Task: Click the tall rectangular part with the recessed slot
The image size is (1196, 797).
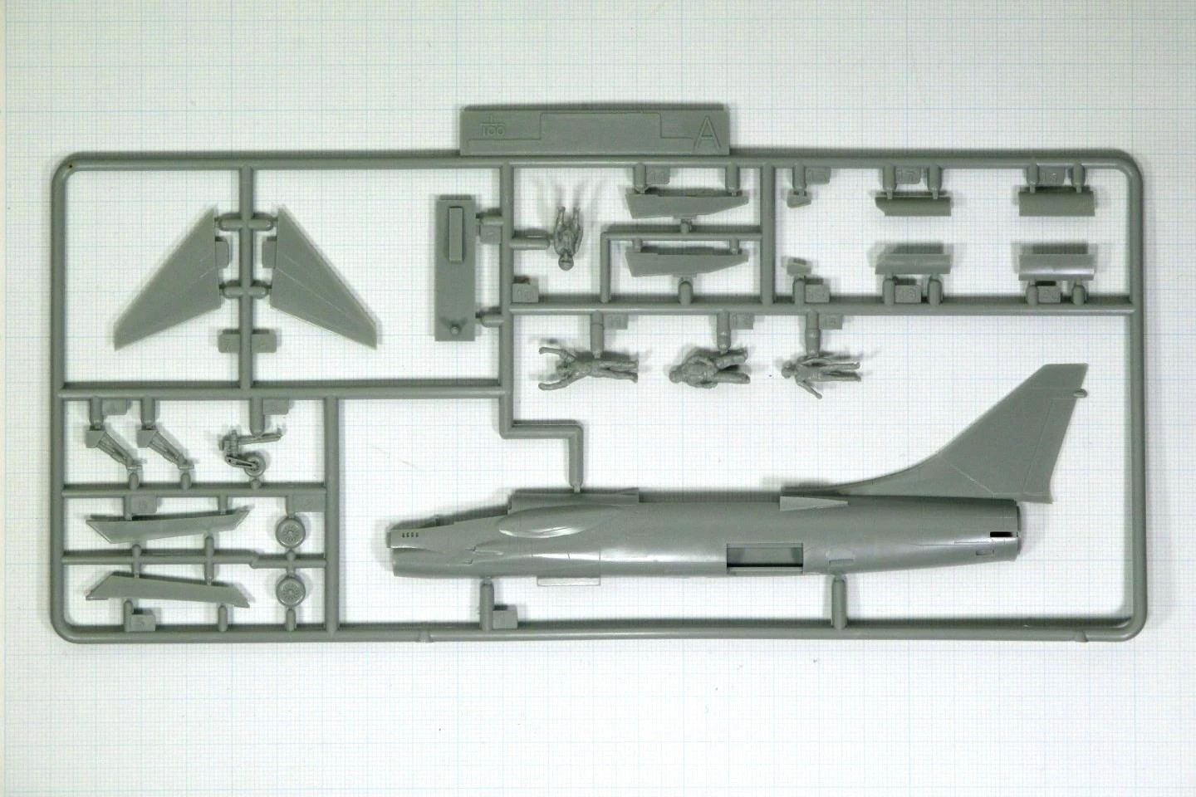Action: [x=454, y=266]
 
